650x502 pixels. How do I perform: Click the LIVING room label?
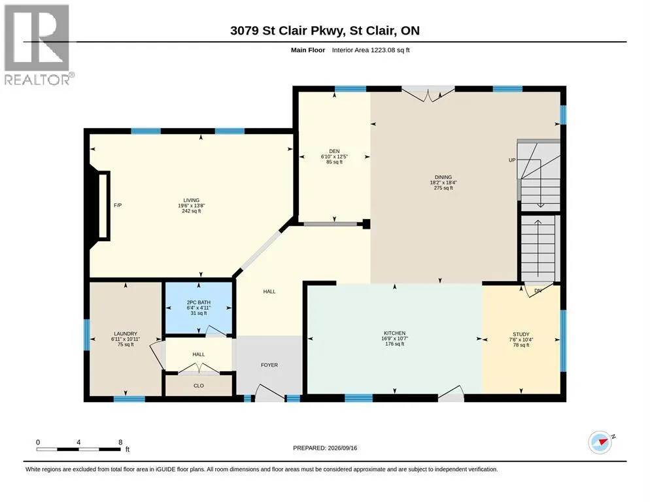192,200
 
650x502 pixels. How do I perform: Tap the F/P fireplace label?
118,205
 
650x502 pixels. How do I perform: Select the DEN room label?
335,151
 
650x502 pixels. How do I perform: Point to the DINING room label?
443,177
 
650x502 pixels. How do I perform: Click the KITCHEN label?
395,333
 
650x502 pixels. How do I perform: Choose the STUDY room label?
521,334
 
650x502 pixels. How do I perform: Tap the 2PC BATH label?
199,303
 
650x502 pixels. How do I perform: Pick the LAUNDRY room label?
126,334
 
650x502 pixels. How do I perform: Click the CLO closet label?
199,386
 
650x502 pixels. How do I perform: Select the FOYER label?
269,365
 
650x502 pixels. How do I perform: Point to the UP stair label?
512,160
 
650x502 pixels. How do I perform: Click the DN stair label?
538,291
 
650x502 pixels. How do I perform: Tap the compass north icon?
600,443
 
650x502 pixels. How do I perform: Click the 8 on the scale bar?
120,443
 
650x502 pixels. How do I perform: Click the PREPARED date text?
325,448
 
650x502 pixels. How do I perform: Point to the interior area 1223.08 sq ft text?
371,50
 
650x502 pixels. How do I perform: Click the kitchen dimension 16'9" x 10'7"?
395,338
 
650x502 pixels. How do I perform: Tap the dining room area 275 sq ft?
443,188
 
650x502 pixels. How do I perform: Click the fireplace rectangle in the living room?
103,206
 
